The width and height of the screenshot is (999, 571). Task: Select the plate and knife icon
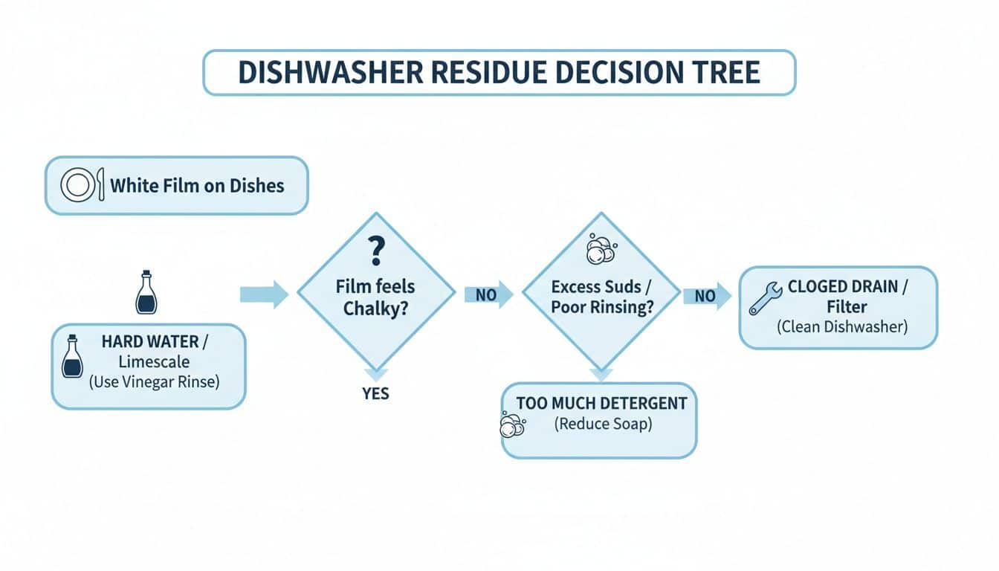tap(78, 185)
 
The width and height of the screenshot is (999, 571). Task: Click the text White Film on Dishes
tap(197, 185)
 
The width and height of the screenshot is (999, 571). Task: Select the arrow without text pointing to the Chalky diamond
tap(264, 294)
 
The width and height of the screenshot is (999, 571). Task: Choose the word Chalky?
tap(375, 309)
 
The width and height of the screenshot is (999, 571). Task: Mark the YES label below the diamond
tap(376, 393)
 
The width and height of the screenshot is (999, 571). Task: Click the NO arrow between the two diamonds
tap(488, 294)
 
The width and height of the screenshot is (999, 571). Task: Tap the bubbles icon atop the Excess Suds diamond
tap(599, 250)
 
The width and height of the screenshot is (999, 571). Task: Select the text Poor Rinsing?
tap(602, 308)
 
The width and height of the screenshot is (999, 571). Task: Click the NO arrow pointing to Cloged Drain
tap(707, 297)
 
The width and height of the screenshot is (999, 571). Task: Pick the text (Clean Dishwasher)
tap(841, 326)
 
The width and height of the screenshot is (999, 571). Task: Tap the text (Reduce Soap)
tap(602, 425)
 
